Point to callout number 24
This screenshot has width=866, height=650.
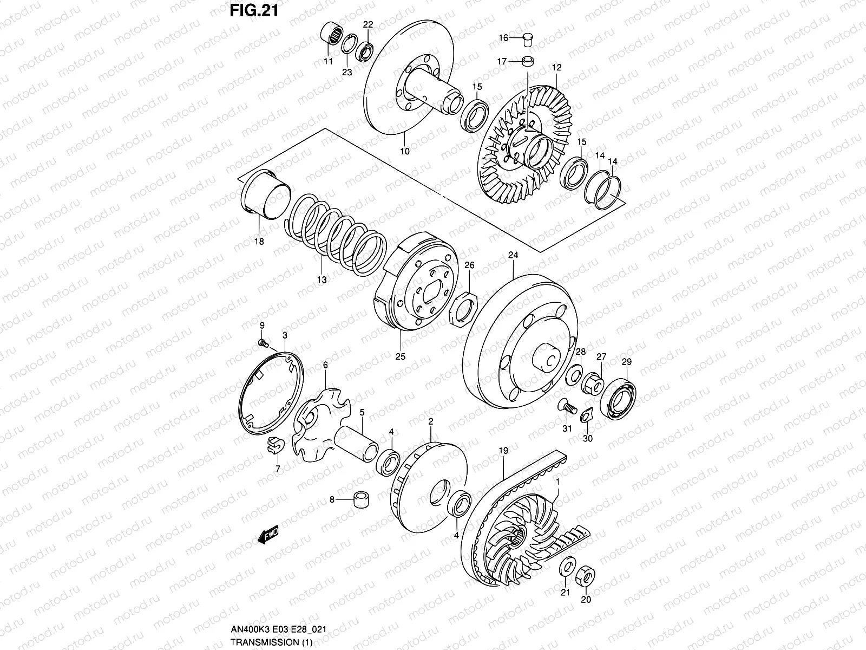513,255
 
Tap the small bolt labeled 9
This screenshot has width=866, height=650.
264,343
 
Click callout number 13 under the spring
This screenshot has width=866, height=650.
322,279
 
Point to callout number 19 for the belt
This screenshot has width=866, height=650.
503,450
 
